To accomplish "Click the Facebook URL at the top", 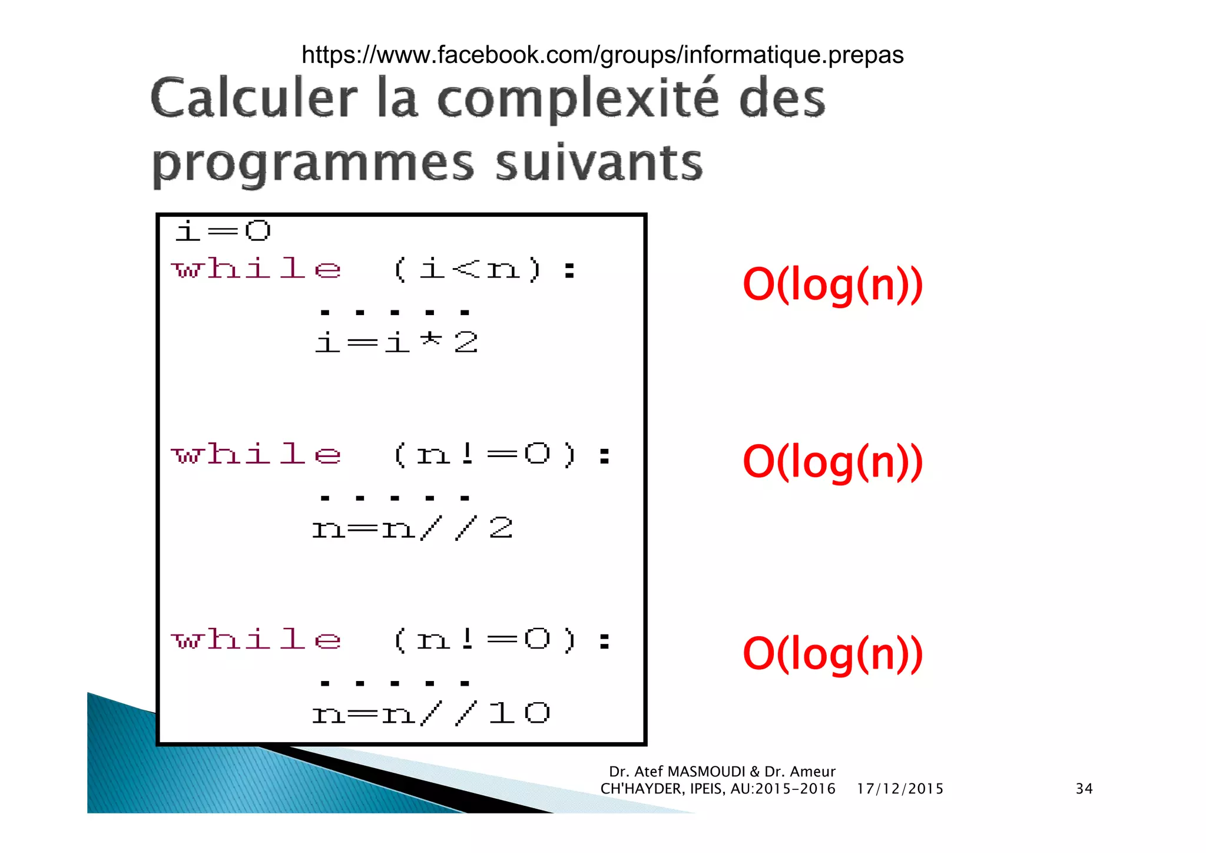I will [602, 55].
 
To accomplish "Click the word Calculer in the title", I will [254, 98].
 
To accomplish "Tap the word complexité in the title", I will [578, 100].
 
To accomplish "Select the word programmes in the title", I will [313, 164].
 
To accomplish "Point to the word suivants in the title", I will [599, 163].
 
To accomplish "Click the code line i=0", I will [223, 231].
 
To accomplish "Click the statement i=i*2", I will [396, 342].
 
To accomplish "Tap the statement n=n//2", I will [412, 528].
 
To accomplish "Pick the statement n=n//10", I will [430, 714].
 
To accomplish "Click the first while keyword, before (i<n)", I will [256, 269].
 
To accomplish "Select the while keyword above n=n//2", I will [256, 455].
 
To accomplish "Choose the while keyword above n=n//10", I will [256, 640].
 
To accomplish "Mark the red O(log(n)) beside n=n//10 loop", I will [833, 654].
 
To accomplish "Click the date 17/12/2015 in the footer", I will [900, 789].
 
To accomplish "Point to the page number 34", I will [1084, 789].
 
